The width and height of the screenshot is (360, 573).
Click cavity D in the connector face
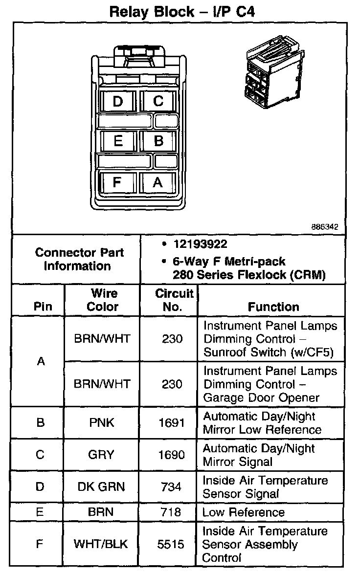(118, 101)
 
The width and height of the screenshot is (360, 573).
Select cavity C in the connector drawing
(158, 101)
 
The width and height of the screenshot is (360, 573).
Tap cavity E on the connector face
(118, 141)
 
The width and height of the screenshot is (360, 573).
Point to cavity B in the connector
(158, 141)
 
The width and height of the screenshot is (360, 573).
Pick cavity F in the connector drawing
(117, 182)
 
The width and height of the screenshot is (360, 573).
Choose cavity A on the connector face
(157, 182)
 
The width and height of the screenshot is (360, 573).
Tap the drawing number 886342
(325, 227)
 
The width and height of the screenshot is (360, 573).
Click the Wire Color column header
(103, 300)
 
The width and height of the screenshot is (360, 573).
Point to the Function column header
(273, 307)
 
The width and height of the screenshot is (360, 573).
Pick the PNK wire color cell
(102, 422)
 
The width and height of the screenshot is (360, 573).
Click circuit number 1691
(172, 422)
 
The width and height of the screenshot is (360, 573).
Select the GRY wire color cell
(102, 455)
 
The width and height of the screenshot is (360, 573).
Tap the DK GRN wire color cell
(102, 486)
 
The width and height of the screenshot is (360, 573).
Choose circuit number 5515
(172, 544)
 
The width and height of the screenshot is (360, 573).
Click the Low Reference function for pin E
(243, 512)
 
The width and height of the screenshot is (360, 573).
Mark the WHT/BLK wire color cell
(102, 544)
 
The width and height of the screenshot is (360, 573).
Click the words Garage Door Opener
(262, 397)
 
